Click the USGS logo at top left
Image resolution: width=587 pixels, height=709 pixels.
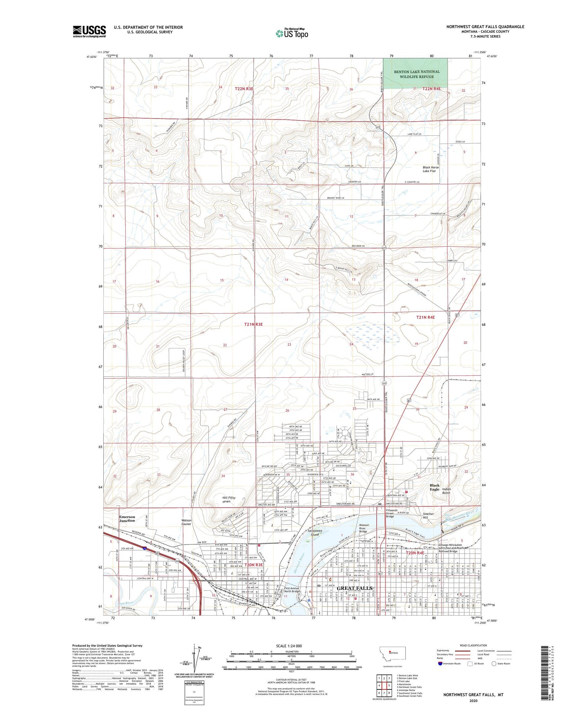(x=89, y=31)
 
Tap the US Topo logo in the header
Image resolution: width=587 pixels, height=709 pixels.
(x=292, y=33)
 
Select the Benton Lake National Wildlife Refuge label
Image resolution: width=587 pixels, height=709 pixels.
(x=416, y=74)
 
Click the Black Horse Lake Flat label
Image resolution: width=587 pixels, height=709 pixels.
(x=430, y=169)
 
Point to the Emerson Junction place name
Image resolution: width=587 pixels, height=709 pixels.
(x=127, y=519)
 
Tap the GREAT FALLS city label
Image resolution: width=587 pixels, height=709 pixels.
(x=355, y=588)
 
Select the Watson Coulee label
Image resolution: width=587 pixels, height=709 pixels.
(x=186, y=522)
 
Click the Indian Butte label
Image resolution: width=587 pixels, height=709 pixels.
(x=447, y=491)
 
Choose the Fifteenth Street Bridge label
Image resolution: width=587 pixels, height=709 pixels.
(x=392, y=513)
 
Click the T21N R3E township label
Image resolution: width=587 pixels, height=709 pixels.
(x=253, y=324)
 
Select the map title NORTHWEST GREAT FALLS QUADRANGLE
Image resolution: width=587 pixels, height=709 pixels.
(x=485, y=27)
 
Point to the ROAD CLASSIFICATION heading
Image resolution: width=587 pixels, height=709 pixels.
(x=474, y=645)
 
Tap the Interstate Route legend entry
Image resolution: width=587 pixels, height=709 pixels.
(x=448, y=664)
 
